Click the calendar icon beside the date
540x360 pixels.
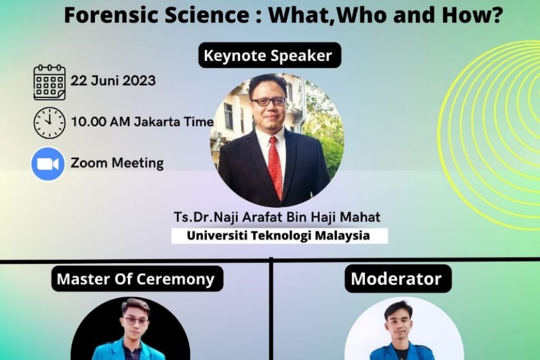click(50, 82)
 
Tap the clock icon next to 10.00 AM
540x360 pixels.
click(50, 122)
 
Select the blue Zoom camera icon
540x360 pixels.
click(48, 164)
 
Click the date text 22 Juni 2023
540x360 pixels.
click(113, 81)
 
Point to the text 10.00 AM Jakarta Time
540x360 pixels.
click(142, 122)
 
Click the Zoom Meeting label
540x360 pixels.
click(117, 163)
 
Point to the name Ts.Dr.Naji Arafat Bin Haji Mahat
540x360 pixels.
click(277, 218)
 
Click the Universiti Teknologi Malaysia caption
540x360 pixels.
click(278, 236)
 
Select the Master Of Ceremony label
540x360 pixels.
click(135, 279)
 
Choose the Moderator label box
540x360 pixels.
click(397, 278)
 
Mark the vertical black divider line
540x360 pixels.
click(271, 310)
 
